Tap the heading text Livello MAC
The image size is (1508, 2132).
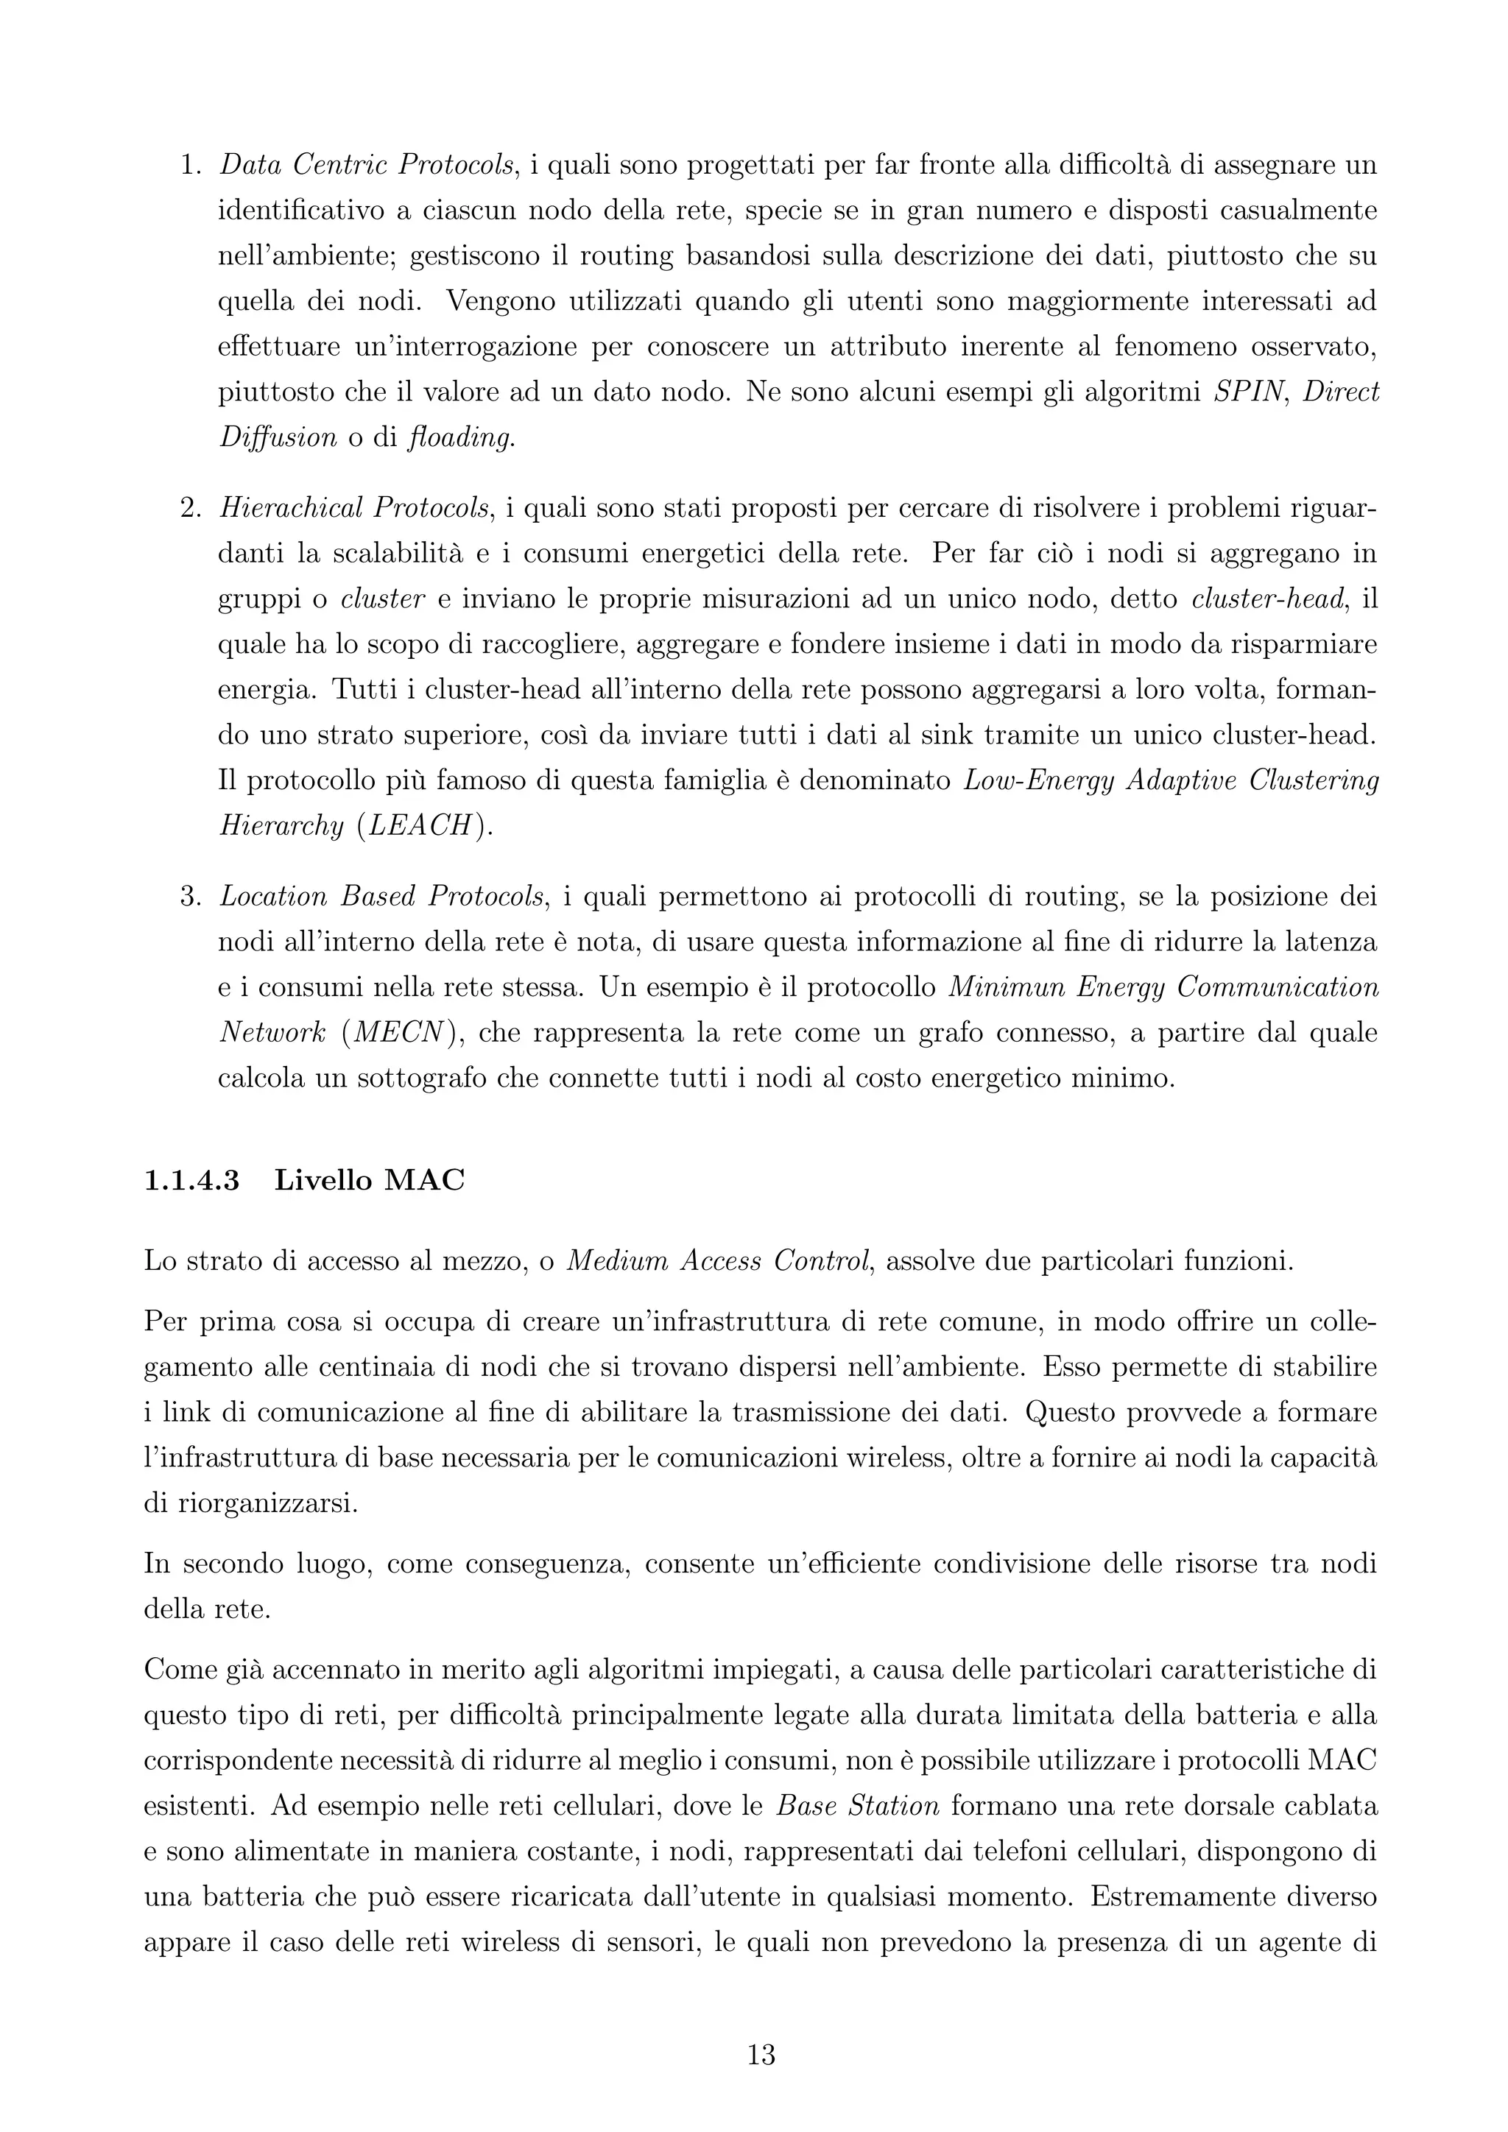(369, 1180)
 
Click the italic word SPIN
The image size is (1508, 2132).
(1248, 392)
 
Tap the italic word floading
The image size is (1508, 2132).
(459, 437)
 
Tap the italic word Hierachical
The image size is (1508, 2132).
(289, 508)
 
